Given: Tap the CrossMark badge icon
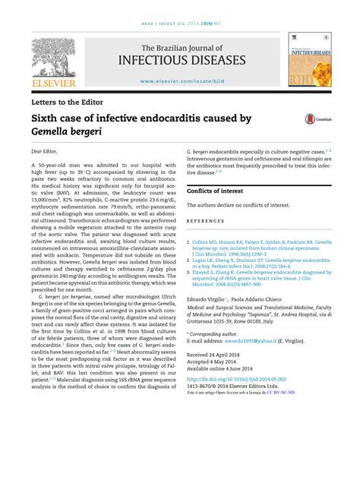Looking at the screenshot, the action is coord(311,118).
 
